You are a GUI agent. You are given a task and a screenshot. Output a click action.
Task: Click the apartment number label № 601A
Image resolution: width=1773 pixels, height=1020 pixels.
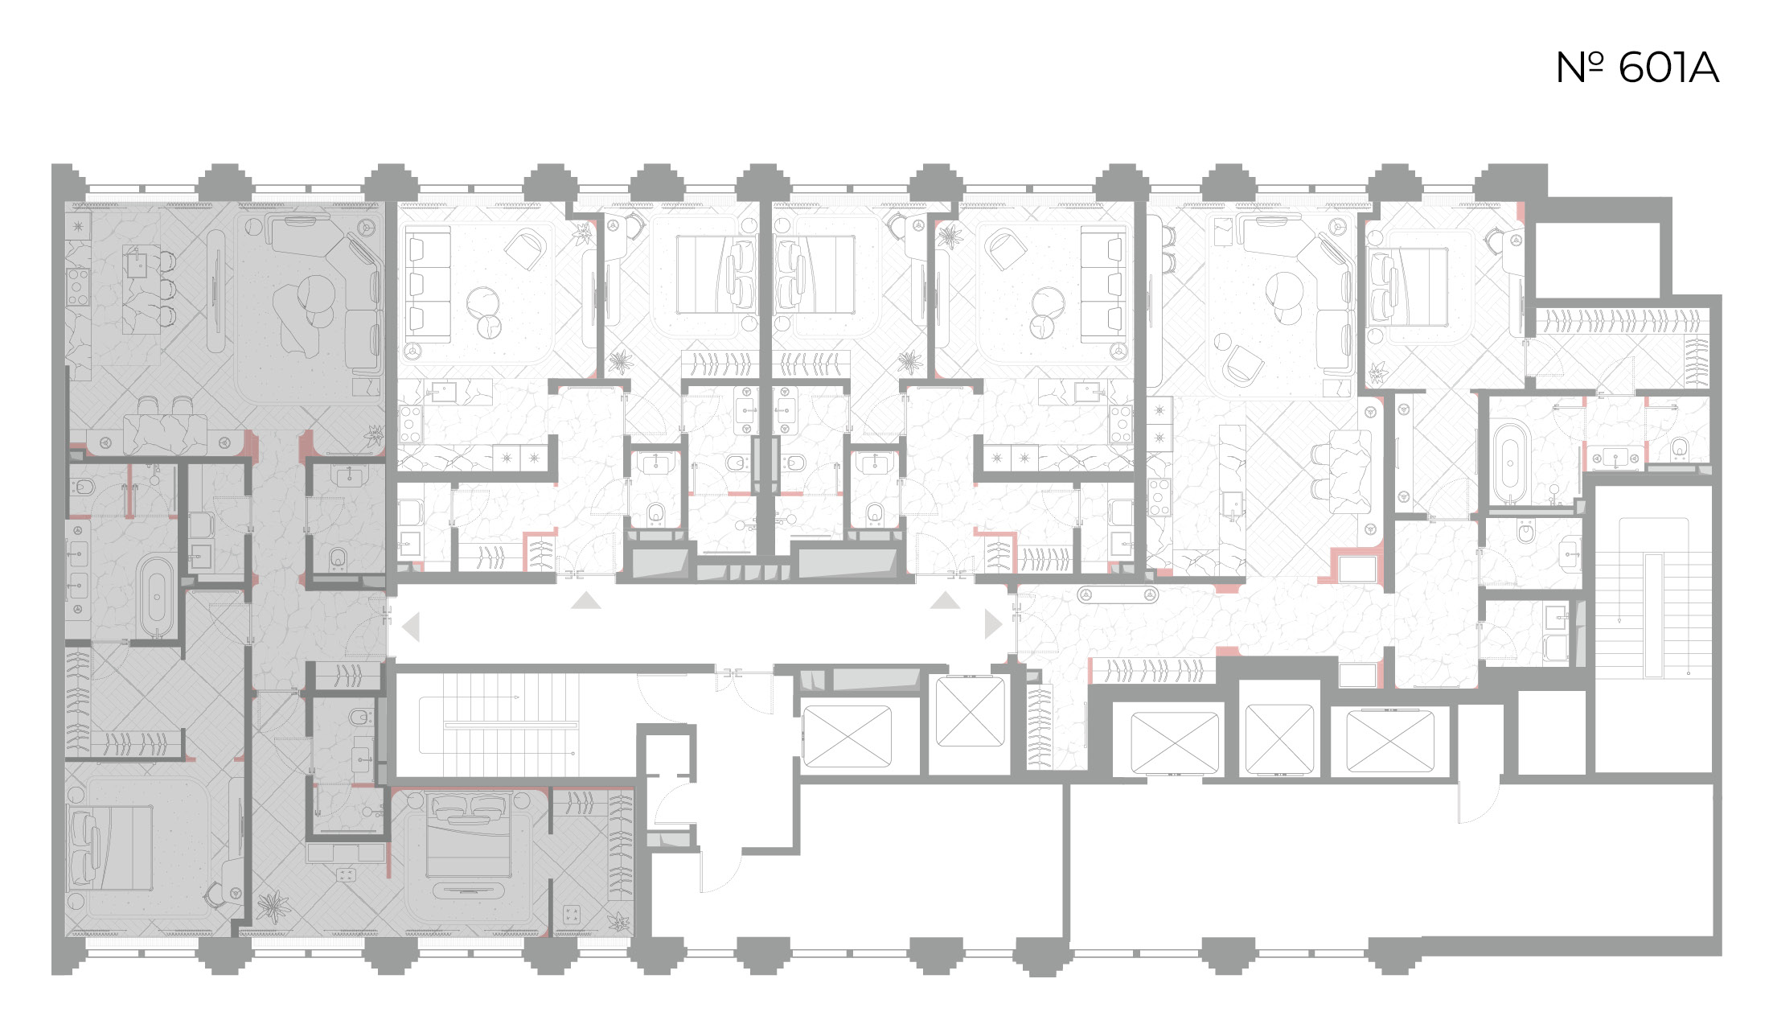coord(1637,68)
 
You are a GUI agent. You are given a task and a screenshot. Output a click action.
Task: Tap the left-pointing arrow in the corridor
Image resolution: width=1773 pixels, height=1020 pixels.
coord(412,627)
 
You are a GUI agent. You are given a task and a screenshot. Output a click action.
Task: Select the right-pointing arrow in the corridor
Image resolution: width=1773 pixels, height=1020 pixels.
coord(993,623)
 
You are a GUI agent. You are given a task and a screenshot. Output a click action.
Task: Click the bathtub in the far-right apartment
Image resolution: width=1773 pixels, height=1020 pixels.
coord(1511,464)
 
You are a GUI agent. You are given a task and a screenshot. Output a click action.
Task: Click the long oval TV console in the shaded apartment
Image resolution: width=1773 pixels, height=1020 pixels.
coord(216,291)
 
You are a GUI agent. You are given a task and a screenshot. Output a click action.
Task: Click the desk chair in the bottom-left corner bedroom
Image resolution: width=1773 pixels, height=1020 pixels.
coord(221,892)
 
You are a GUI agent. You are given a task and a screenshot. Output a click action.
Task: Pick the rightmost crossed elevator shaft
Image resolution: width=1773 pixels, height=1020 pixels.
coord(1389,741)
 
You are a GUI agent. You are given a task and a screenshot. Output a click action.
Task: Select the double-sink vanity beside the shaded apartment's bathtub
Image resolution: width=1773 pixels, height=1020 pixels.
coord(77,568)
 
